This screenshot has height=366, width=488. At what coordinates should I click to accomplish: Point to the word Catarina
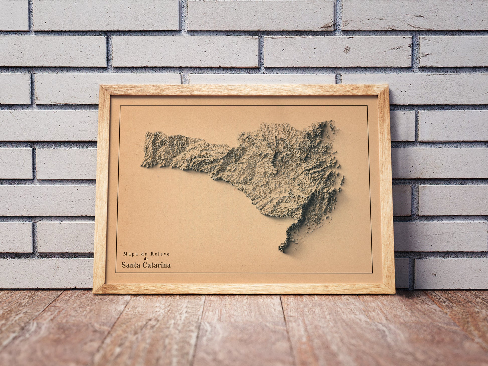(x=157, y=265)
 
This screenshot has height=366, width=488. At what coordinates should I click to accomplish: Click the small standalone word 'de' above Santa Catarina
(x=145, y=259)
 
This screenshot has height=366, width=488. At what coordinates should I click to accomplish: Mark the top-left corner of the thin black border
(x=120, y=106)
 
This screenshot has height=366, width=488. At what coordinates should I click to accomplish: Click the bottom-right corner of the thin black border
(x=372, y=273)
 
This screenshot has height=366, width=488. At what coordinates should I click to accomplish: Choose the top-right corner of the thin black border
(x=367, y=106)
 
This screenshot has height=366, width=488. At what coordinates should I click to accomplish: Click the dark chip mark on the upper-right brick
(x=347, y=50)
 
